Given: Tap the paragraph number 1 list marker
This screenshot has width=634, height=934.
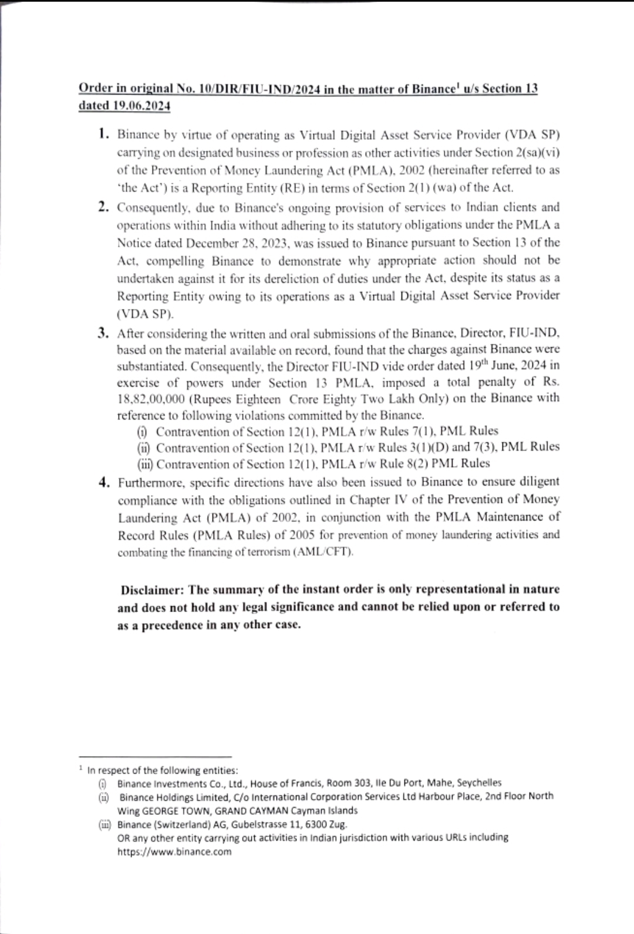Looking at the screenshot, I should (x=104, y=134).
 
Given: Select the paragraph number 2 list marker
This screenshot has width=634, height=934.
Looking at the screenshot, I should (x=104, y=207).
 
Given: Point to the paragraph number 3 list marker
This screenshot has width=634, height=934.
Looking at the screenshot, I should (x=104, y=333).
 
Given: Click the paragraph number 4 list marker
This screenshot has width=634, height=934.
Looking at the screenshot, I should (x=104, y=482).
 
